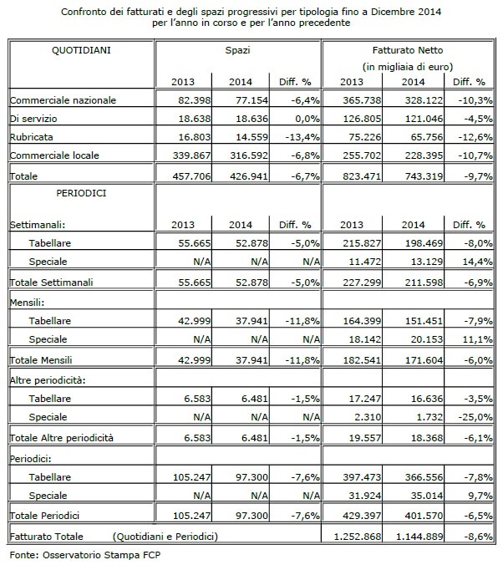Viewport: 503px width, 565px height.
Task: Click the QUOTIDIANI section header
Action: pos(81,50)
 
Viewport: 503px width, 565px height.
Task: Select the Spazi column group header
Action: pos(237,50)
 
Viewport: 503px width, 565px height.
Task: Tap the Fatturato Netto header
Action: pos(408,50)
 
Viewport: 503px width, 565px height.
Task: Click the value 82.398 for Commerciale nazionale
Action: pos(194,99)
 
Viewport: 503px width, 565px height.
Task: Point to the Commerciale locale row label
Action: pos(54,155)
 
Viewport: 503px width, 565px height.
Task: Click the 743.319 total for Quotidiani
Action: pos(424,176)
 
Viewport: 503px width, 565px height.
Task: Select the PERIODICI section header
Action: pos(81,193)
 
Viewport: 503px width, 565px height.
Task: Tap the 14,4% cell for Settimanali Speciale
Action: pos(477,262)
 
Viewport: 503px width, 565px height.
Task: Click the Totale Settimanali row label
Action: pos(51,282)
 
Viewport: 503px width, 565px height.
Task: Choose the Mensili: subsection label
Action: pos(27,303)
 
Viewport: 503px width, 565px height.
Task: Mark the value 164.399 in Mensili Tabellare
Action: pos(362,321)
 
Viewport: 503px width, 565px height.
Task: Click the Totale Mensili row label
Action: pos(41,360)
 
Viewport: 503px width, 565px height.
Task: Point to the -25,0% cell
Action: pos(475,417)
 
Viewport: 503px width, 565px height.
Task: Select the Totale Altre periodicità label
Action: pos(61,438)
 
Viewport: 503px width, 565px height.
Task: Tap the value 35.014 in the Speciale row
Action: pos(427,496)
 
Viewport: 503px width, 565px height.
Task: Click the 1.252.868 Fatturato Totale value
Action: pos(358,537)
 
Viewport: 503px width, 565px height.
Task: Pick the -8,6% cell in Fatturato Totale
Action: pos(478,537)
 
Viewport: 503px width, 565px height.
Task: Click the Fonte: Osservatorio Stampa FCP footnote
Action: pos(85,555)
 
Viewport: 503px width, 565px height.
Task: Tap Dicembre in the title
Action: pos(393,12)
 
